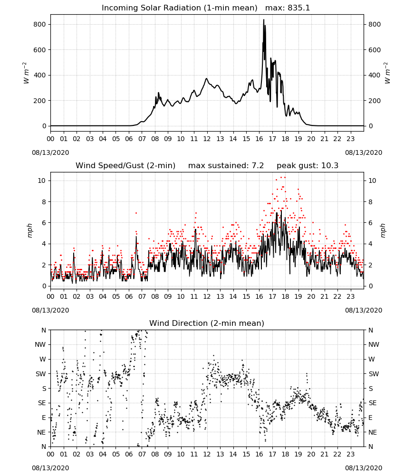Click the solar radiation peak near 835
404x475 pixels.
coord(263,19)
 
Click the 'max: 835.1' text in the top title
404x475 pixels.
coord(288,8)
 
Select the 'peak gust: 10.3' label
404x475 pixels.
coord(308,166)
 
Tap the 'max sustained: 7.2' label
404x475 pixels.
coord(226,166)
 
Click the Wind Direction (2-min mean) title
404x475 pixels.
coord(207,323)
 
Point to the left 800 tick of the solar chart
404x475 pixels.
coord(40,24)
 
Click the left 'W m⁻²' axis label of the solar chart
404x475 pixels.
coord(26,73)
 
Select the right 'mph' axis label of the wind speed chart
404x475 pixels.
coord(383,230)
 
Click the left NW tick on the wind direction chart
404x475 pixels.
coord(40,344)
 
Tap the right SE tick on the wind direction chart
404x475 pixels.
coord(373,403)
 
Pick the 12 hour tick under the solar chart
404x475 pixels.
coord(207,139)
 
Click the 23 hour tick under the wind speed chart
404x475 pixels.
coord(351,296)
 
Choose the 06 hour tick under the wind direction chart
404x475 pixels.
coord(129,454)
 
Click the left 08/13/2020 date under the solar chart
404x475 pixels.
coord(50,152)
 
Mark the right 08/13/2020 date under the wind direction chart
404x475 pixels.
coord(364,468)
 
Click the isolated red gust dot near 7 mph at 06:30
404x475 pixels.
coord(136,213)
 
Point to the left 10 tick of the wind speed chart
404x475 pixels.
coord(42,180)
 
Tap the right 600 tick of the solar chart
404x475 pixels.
coord(375,50)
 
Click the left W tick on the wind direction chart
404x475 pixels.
coord(43,359)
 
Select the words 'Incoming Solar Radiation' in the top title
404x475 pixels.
coord(151,8)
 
